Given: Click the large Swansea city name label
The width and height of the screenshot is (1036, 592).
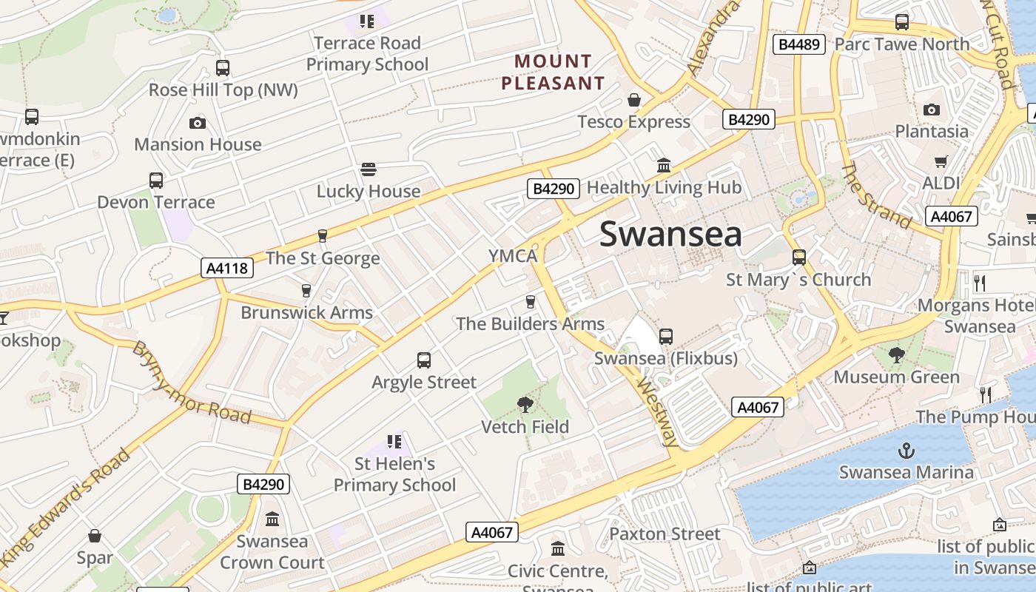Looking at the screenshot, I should pos(670,234).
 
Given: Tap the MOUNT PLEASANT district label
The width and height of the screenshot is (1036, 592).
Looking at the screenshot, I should pos(553,72).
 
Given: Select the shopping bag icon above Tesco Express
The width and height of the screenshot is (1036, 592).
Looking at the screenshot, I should pos(634,100).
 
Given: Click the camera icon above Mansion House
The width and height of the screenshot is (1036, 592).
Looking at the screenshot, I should pos(198,123).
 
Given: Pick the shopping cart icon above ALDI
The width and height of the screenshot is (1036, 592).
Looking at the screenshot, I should pos(941,161).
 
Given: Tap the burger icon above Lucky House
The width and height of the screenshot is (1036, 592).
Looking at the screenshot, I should pos(369,169).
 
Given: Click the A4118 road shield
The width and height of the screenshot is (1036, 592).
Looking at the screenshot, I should pos(227,268).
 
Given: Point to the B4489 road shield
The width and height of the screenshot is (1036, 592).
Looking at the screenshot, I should pos(799,44).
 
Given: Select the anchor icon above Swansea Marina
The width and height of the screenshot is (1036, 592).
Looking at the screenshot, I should pos(906,450).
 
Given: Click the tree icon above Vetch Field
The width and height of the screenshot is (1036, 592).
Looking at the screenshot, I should pos(525,404).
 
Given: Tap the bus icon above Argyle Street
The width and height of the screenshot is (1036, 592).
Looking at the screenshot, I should pos(424,360).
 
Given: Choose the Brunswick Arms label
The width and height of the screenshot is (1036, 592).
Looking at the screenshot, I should pos(306,312).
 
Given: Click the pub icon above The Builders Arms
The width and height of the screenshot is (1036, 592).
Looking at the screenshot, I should pos(530,301).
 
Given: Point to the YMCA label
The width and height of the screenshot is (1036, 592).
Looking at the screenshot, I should pos(512,256).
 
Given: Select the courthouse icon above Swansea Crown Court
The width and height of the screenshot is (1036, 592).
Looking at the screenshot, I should pos(272,519).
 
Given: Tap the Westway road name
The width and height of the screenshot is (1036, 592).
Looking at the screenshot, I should pos(658,414).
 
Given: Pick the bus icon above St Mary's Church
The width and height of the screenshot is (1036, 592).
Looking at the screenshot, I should pos(799,258).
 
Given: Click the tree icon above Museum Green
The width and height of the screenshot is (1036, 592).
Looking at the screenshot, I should pos(897,355).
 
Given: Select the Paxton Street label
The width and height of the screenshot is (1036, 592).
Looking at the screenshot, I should pos(665,534).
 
